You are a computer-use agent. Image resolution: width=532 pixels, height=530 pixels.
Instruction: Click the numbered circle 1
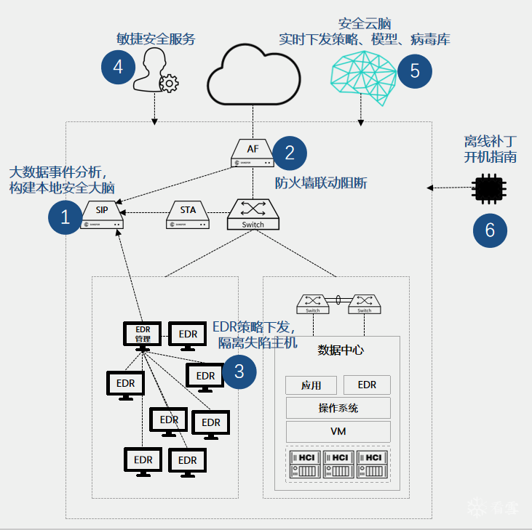65,217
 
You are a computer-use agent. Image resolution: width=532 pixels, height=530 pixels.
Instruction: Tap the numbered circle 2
290,153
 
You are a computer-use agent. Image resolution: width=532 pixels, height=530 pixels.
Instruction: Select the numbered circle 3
239,372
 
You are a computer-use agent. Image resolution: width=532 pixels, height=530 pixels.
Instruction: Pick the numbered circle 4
119,68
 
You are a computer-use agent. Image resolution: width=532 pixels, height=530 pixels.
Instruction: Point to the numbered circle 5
415,71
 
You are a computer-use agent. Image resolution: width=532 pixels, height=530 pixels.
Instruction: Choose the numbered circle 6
490,230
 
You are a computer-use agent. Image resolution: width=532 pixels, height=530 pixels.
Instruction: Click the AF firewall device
253,153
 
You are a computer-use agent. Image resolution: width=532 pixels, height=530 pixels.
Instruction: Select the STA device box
188,215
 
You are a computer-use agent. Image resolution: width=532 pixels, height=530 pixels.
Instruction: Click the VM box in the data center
338,431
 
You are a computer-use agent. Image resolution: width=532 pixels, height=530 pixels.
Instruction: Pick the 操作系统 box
338,408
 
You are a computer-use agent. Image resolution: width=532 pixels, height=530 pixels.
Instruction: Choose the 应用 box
310,385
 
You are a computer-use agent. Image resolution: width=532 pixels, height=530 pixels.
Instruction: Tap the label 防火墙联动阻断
320,183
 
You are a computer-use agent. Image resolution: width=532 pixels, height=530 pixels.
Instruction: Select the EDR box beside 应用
367,385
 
